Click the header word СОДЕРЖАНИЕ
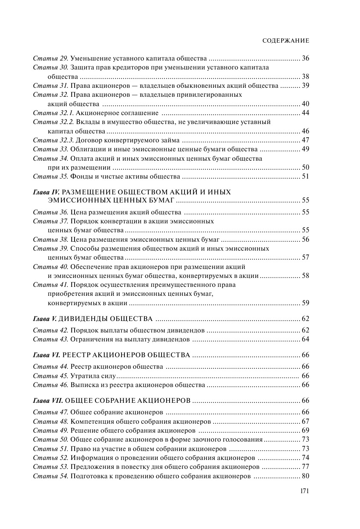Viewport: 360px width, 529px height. click(285, 40)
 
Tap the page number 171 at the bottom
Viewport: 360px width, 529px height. click(304, 491)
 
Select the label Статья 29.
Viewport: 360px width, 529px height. click(51, 58)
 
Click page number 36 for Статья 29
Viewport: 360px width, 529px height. click(305, 58)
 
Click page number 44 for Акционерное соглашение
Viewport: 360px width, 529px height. click(305, 113)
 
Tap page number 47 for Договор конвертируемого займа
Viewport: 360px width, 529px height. click(305, 140)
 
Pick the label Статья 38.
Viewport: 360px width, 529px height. click(51, 239)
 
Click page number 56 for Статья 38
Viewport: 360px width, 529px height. click(305, 239)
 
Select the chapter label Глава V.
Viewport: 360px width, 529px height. click(45, 319)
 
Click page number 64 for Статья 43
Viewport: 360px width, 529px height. click(305, 339)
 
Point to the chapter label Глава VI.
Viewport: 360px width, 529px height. click(46, 355)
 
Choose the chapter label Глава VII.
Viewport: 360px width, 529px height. click(48, 401)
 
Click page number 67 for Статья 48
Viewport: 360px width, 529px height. click(305, 421)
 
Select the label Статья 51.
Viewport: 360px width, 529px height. click(51, 448)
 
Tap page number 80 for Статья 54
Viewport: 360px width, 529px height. click(305, 476)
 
